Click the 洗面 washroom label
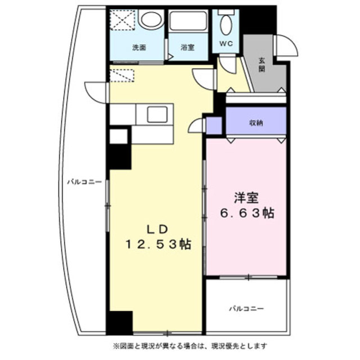139,48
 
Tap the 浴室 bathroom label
188,48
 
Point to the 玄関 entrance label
262,65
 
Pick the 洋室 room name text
247,197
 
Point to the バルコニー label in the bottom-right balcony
246,308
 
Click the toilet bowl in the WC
226,25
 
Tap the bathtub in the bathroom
188,22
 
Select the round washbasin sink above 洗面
151,21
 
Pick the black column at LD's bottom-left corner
119,323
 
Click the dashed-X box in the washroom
123,21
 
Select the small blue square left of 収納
214,125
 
